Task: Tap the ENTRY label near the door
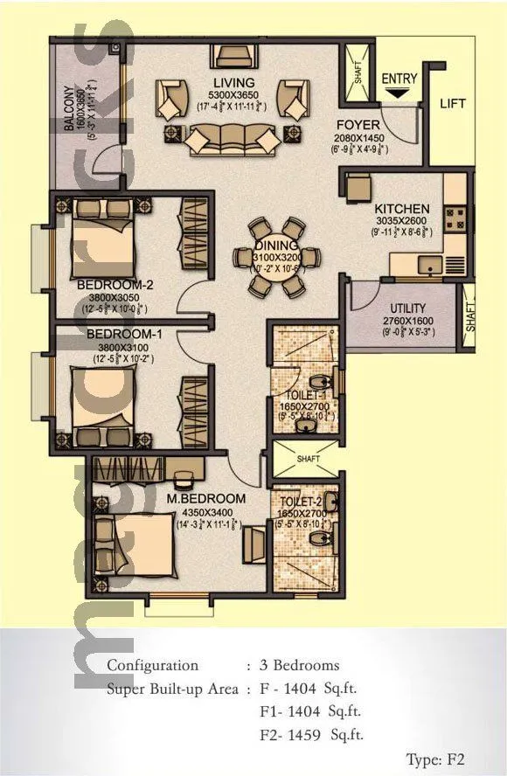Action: pyautogui.click(x=399, y=79)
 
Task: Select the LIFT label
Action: pyautogui.click(x=453, y=103)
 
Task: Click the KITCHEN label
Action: pyautogui.click(x=401, y=209)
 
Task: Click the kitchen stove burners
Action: pyautogui.click(x=455, y=218)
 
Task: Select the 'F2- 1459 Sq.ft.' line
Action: pyautogui.click(x=309, y=735)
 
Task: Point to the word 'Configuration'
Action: pyautogui.click(x=152, y=665)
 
